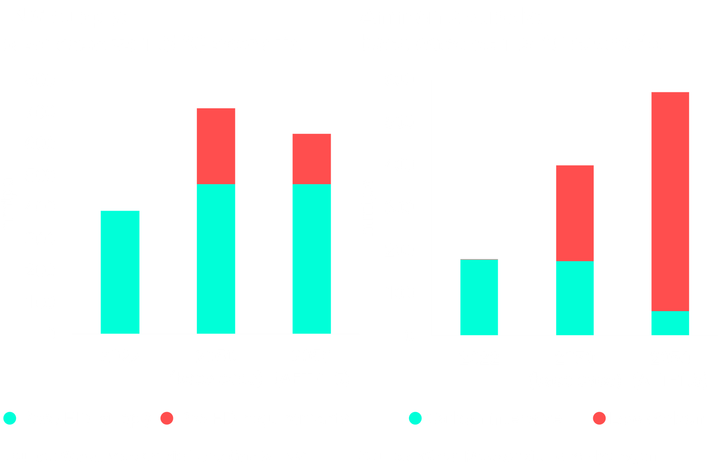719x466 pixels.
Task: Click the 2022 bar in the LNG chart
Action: coord(120,272)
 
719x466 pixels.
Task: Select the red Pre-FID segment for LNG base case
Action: coord(216,146)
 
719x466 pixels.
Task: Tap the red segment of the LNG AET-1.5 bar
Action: coord(312,159)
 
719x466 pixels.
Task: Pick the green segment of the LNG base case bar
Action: coord(216,259)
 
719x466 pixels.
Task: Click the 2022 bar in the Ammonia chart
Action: coord(479,297)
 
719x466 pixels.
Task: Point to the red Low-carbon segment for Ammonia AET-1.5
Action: coord(670,201)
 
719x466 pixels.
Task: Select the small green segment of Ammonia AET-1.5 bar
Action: coord(670,323)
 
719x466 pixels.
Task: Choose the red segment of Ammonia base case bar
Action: coord(575,213)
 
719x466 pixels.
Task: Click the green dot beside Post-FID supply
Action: coord(10,418)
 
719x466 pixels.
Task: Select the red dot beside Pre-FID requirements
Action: coord(167,418)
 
